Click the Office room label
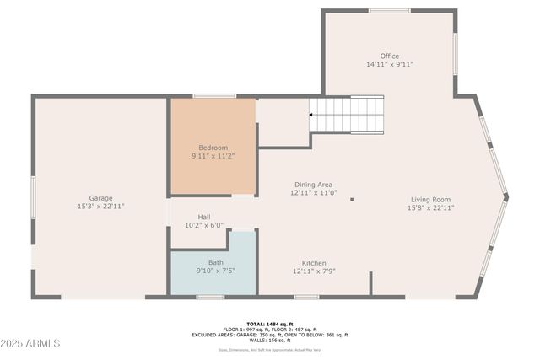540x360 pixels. click(389, 56)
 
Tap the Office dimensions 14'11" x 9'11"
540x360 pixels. click(389, 65)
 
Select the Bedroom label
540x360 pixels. click(213, 148)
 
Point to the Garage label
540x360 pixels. click(101, 198)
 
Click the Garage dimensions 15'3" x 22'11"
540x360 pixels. click(101, 207)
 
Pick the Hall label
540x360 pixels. click(204, 217)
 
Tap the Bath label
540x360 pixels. click(216, 262)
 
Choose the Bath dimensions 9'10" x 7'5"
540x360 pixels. click(216, 271)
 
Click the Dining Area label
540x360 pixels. click(314, 185)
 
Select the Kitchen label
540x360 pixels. click(314, 263)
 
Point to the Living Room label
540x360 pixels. click(430, 199)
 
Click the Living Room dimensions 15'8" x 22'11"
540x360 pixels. click(430, 207)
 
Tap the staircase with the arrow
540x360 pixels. click(346, 116)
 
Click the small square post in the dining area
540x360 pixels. click(352, 200)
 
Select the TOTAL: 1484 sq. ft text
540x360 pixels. click(270, 324)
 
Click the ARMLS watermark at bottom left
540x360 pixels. click(30, 344)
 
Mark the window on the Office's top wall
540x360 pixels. click(389, 11)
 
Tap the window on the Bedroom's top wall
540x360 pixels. click(214, 96)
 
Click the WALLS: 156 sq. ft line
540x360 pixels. click(270, 340)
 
